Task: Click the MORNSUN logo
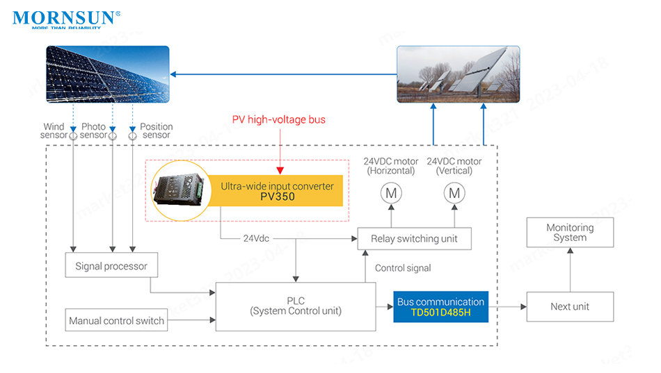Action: (x=66, y=19)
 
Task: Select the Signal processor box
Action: (x=111, y=265)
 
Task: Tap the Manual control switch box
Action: (x=116, y=320)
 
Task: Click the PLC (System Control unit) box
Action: (x=296, y=306)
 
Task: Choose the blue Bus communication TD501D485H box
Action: (x=440, y=307)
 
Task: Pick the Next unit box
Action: (x=570, y=306)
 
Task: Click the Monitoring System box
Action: (x=570, y=233)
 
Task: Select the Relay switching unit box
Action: (x=414, y=239)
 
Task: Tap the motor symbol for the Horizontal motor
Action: (x=391, y=193)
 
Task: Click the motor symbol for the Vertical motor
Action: (x=454, y=193)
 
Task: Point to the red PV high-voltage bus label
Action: (x=278, y=119)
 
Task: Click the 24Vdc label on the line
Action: (x=256, y=238)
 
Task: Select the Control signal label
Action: (x=403, y=268)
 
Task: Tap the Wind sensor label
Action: (x=54, y=131)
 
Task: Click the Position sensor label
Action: (x=156, y=131)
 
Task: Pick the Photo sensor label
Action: (x=93, y=131)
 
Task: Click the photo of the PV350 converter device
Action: (x=180, y=190)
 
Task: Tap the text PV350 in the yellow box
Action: (x=278, y=197)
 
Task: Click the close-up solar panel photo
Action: (x=108, y=74)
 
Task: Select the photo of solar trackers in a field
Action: (x=459, y=74)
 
